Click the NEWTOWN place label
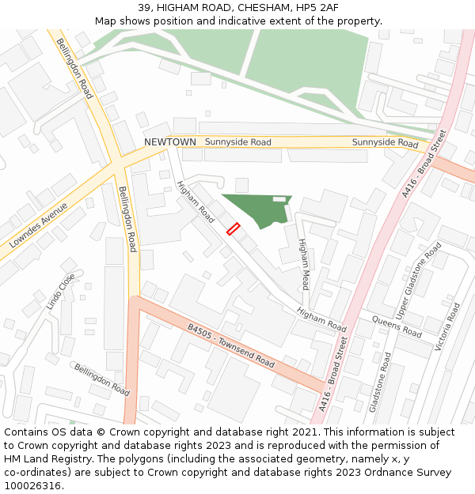169,141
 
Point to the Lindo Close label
60,292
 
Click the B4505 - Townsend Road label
231,345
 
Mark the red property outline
234,228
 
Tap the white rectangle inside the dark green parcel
279,198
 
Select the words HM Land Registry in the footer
41,459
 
